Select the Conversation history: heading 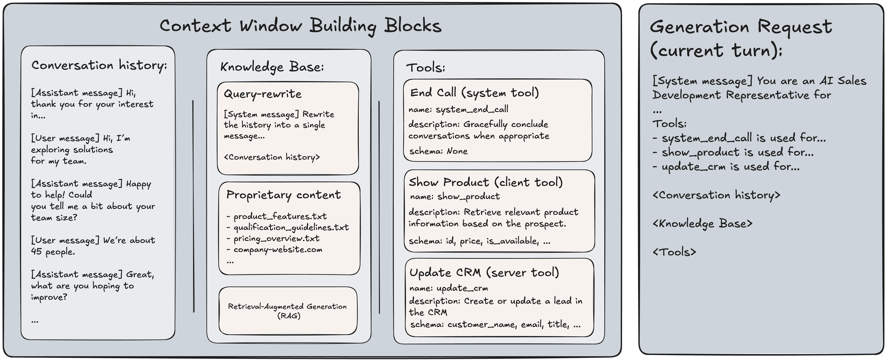(x=99, y=65)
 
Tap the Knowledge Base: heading (x=272, y=67)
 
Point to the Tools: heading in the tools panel (x=426, y=67)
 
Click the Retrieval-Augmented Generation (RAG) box (x=288, y=311)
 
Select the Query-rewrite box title (x=263, y=94)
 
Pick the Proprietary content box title (x=283, y=195)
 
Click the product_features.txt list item (x=276, y=216)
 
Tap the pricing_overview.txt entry (x=273, y=238)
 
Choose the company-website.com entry (x=274, y=249)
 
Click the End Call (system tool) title (x=474, y=93)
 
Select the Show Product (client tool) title (x=485, y=182)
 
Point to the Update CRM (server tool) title (x=484, y=272)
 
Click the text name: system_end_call (x=458, y=110)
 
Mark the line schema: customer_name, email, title (x=495, y=324)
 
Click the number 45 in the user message (x=36, y=251)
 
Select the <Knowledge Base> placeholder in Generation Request (x=702, y=224)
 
